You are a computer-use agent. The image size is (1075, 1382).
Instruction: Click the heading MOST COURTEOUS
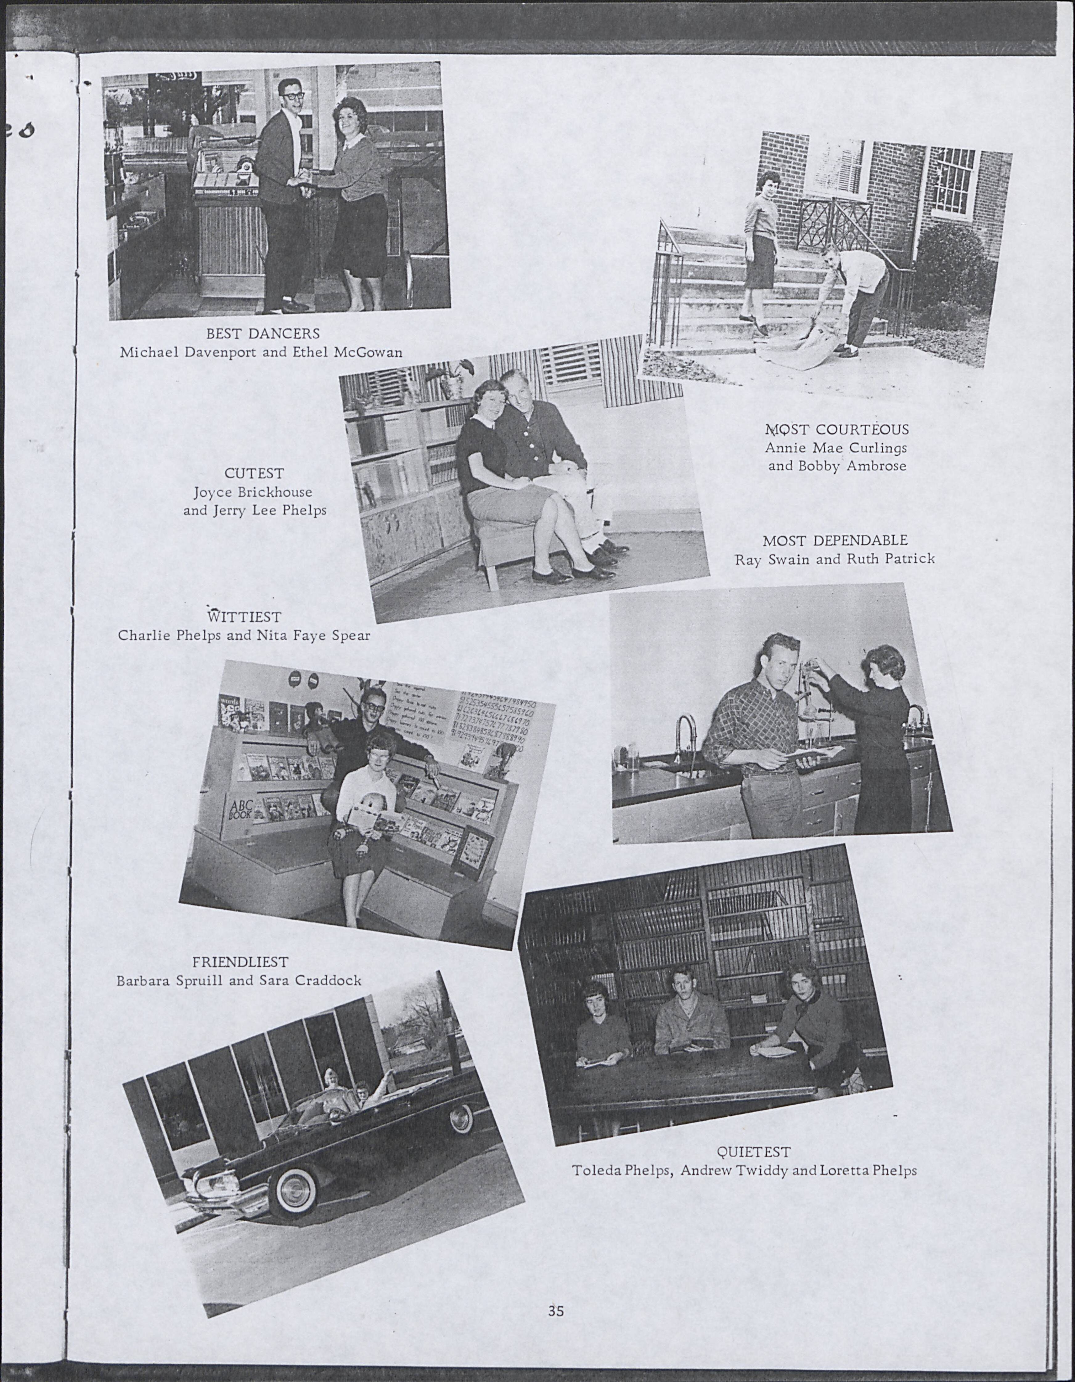[x=837, y=430]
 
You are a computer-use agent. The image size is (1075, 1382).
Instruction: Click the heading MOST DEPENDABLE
[x=835, y=540]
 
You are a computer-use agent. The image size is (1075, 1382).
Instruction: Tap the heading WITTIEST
[x=244, y=616]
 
